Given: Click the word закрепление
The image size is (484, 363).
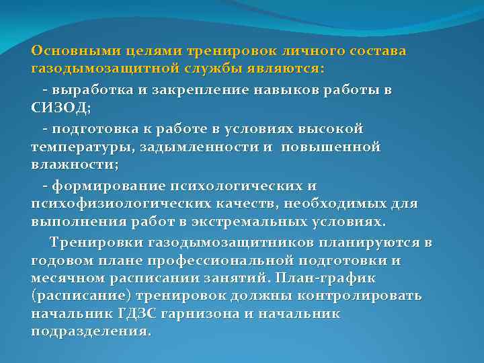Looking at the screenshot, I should (198, 89).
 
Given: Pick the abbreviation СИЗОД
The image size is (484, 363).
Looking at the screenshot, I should (59, 107).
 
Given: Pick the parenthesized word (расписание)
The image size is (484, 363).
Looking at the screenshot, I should (81, 296).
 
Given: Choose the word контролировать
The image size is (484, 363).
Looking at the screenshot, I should (358, 296).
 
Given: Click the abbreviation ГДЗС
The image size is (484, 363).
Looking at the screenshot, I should (139, 314).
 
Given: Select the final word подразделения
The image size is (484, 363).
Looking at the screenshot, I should (90, 332).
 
